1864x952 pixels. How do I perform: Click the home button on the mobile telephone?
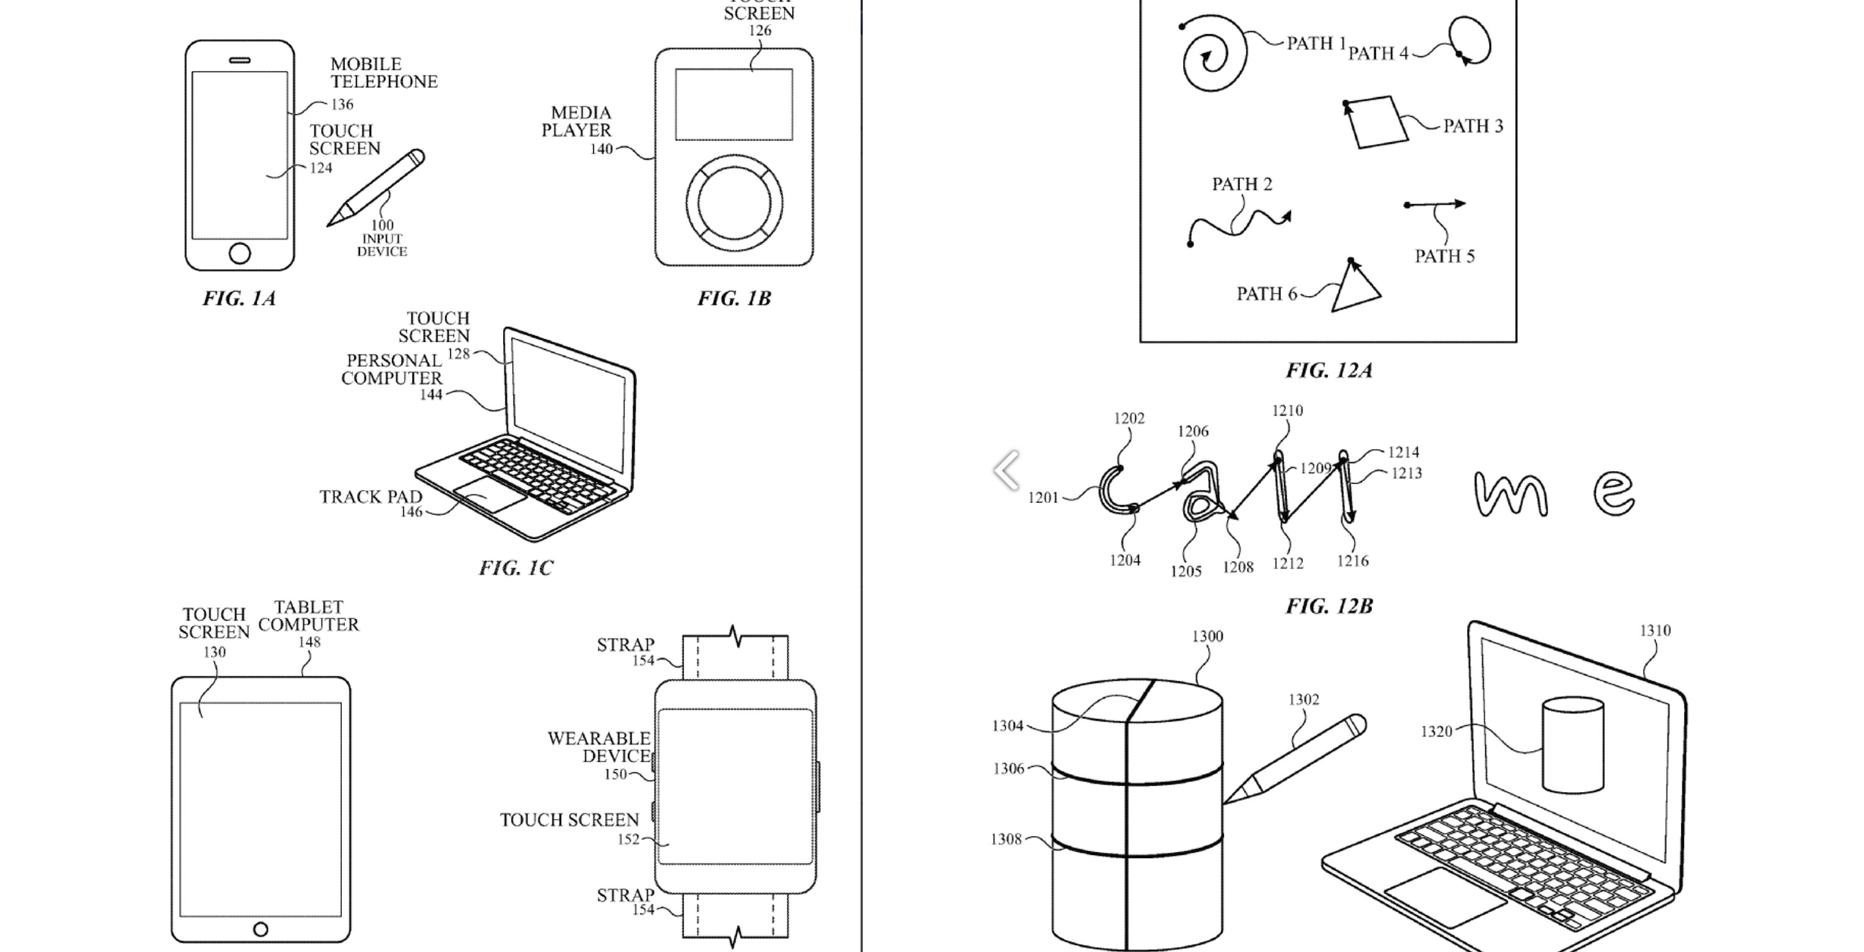pos(239,253)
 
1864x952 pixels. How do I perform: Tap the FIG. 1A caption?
pos(239,298)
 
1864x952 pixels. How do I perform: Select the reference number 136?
pos(342,105)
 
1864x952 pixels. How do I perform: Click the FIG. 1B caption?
pos(734,298)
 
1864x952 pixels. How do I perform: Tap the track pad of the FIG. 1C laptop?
pos(490,495)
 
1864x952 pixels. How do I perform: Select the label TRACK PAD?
pos(370,496)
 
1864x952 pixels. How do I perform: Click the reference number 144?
pos(431,394)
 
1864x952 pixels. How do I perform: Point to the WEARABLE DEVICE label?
pos(599,747)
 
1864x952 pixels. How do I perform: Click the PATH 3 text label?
pos(1472,126)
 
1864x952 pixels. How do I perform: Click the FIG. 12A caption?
pos(1329,371)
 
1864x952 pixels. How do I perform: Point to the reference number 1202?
pos(1129,418)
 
